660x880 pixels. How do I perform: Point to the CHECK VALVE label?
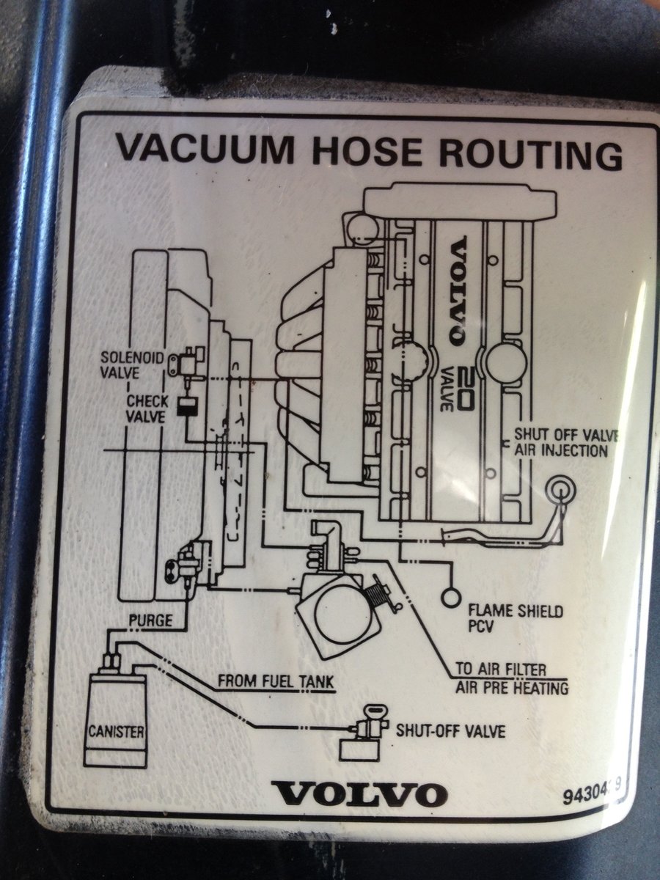point(147,408)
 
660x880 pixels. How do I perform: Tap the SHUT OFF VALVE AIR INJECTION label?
point(565,442)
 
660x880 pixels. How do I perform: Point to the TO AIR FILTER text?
point(501,670)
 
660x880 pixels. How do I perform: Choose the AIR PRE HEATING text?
point(511,688)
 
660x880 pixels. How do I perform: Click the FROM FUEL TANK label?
point(276,681)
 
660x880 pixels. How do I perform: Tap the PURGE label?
point(150,621)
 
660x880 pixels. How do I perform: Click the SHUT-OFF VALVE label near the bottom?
point(450,730)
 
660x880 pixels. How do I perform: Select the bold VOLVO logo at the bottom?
point(359,794)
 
